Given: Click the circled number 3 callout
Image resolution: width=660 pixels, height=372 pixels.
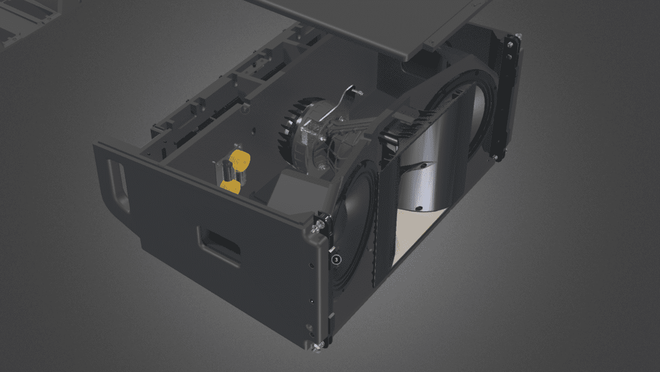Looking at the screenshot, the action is tap(336, 260).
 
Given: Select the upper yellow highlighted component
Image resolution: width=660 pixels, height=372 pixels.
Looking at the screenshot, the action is tap(240, 160).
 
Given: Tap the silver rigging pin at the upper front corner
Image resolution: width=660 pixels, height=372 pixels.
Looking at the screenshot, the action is tap(317, 226).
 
